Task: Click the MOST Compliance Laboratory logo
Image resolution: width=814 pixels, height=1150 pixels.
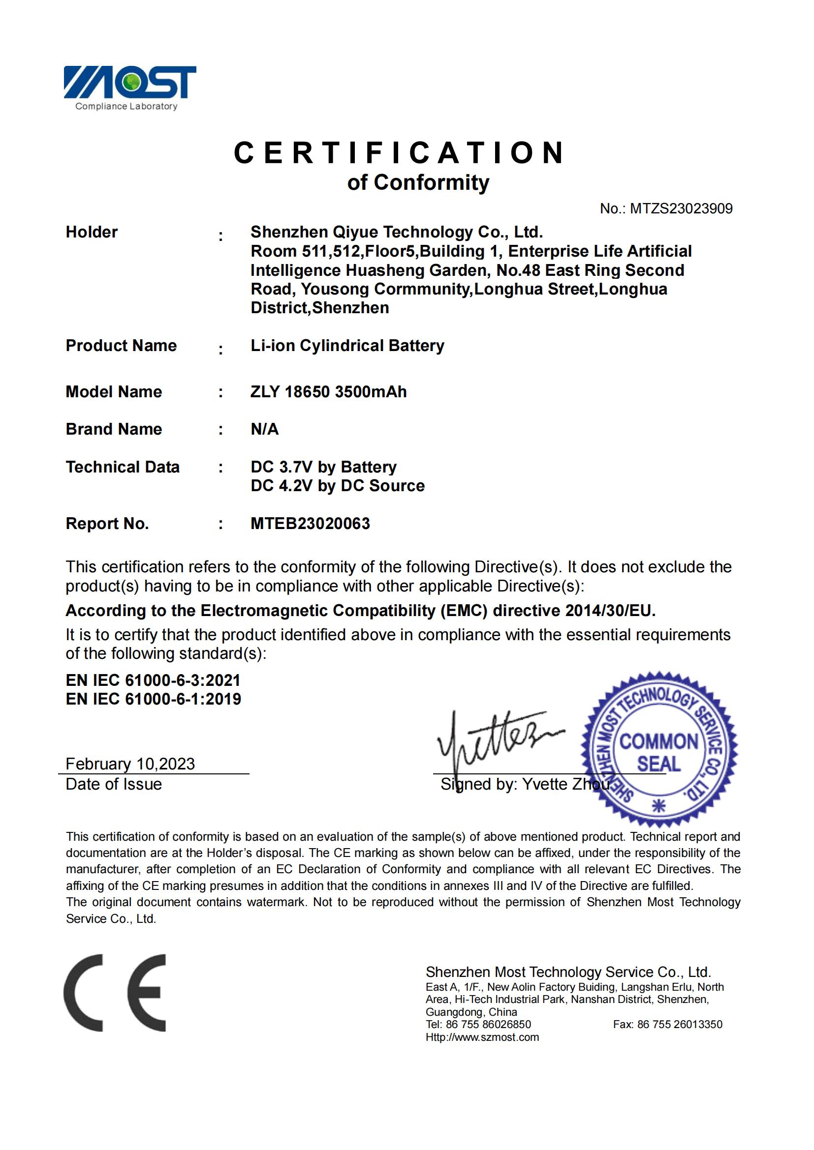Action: tap(129, 86)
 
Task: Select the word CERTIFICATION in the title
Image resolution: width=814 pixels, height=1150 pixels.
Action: tap(400, 152)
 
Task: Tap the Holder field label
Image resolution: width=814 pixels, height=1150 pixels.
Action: tap(92, 232)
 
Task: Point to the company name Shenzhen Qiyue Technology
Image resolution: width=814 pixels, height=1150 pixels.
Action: tap(396, 232)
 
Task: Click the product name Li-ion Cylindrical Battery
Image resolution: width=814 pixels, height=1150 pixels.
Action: tap(347, 346)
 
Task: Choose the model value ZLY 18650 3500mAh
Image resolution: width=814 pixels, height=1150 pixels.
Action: tap(328, 392)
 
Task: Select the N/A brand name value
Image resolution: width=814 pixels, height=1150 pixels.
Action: tap(264, 429)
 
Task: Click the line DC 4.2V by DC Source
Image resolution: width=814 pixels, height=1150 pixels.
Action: tap(337, 486)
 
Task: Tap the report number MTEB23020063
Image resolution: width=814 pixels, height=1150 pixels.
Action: tap(310, 524)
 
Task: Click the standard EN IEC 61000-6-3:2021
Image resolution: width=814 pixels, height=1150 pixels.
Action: tap(153, 680)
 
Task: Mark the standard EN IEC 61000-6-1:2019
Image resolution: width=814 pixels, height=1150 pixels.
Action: tap(153, 699)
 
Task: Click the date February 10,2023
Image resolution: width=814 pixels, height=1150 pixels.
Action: tap(130, 764)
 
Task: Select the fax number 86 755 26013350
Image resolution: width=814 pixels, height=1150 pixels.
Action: tap(679, 1024)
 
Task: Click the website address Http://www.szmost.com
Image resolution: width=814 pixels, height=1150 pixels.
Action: tap(482, 1037)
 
